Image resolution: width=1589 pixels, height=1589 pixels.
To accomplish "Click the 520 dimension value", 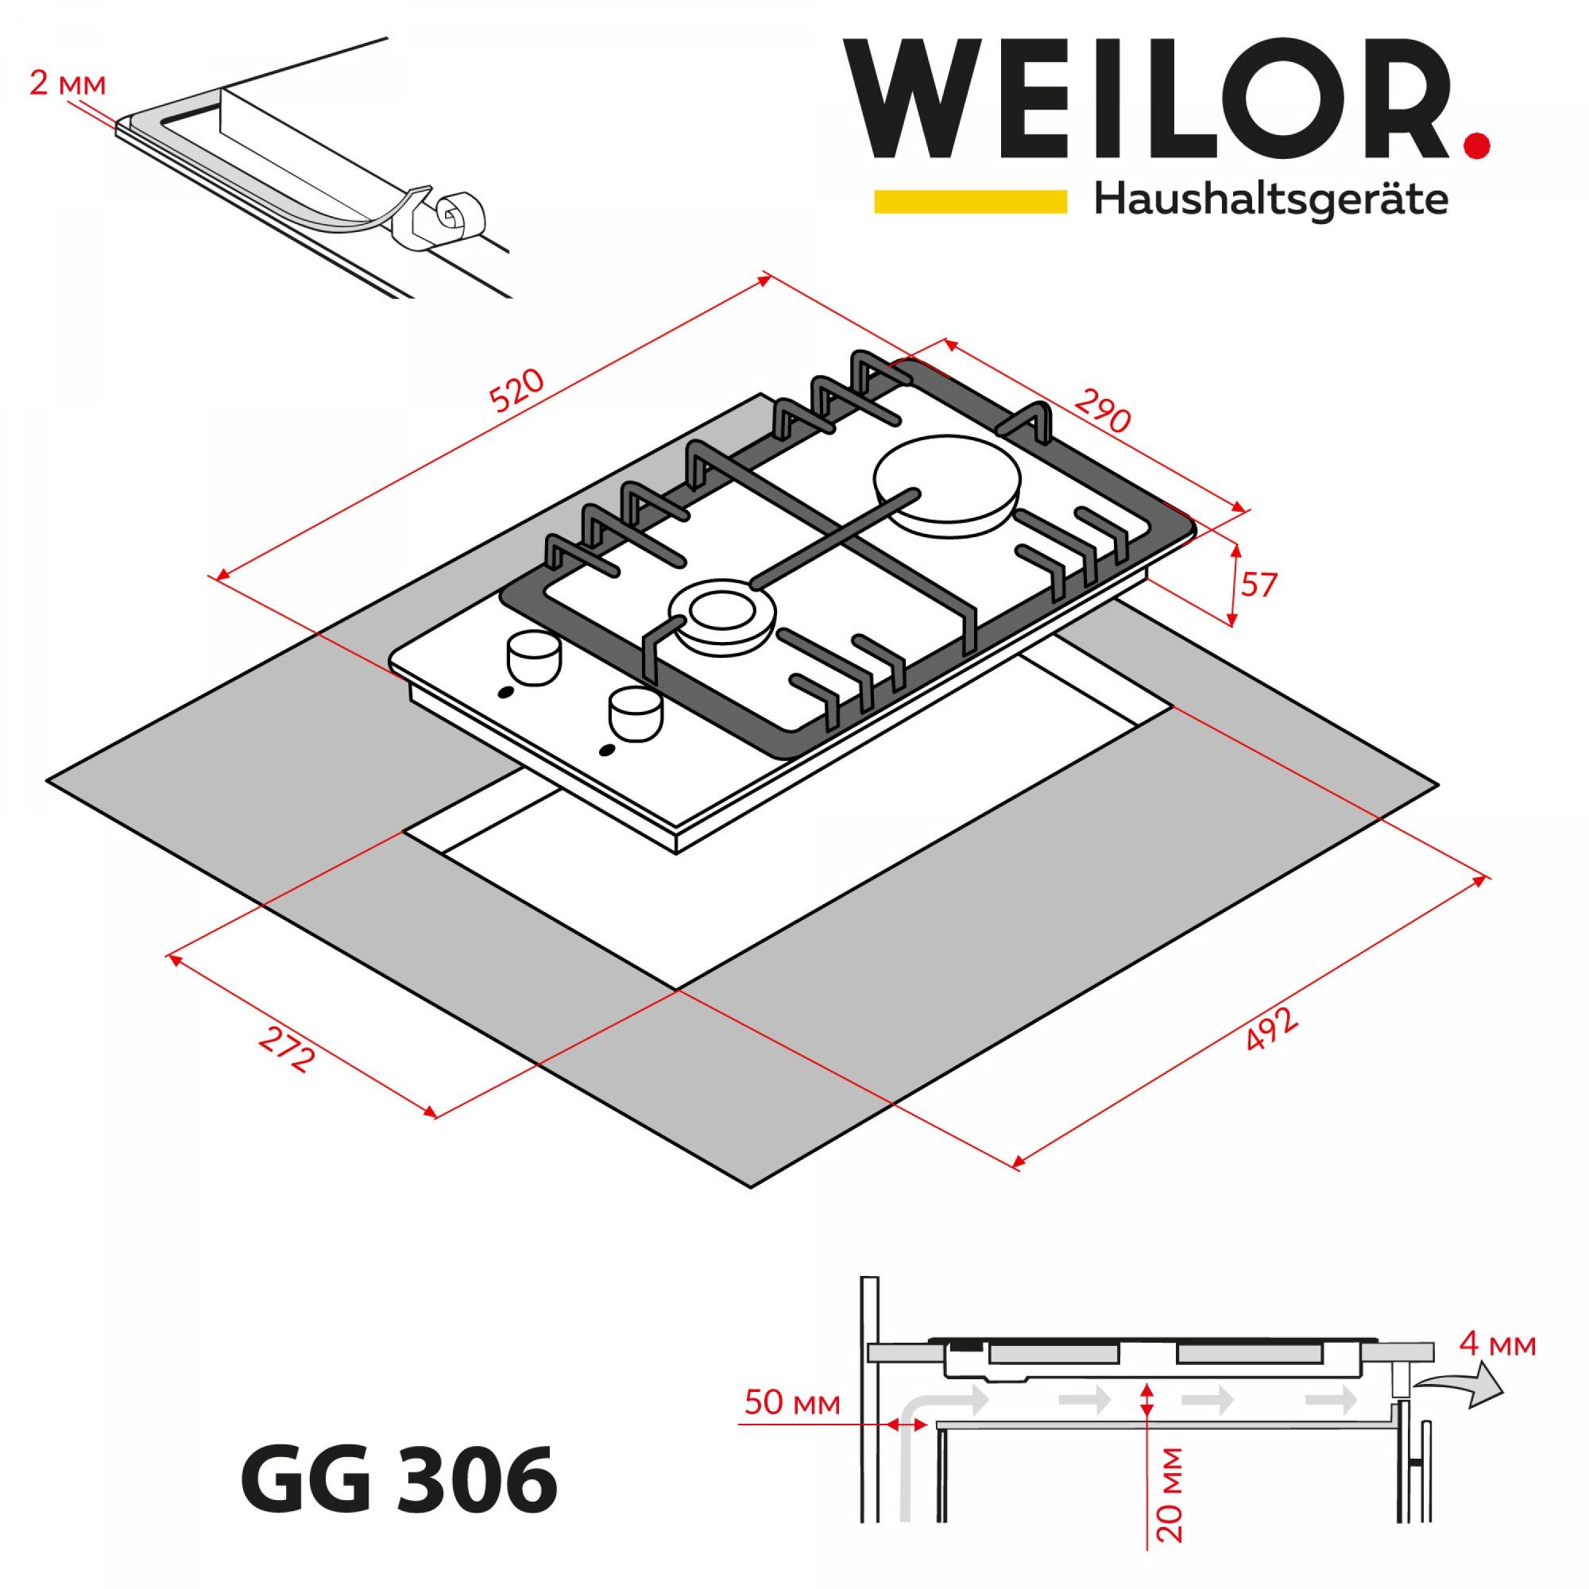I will tap(517, 390).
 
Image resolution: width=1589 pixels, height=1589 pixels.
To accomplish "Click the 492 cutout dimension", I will tap(1270, 1029).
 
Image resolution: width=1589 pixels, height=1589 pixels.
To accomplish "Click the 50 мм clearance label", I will tap(793, 1403).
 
